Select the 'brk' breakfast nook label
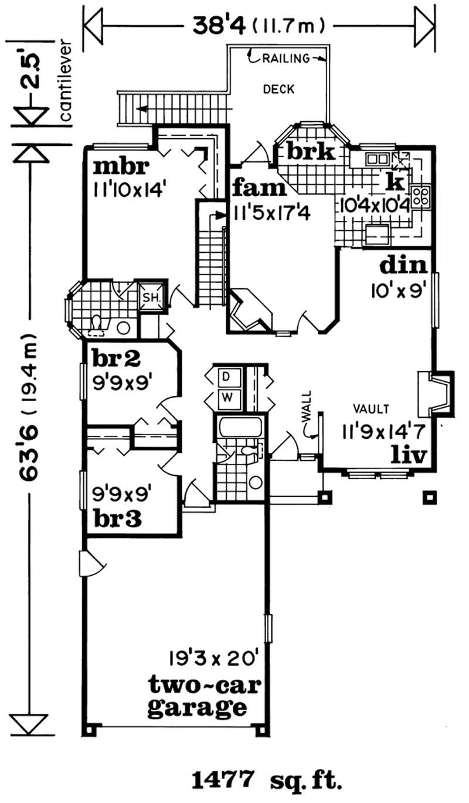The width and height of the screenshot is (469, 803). (311, 152)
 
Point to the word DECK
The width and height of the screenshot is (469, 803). (278, 90)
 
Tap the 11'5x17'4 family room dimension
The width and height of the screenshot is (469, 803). (272, 210)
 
